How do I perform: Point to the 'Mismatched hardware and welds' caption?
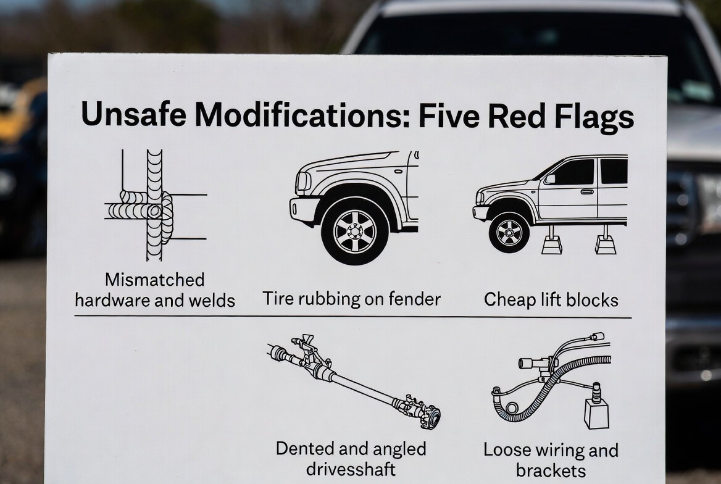coord(154,290)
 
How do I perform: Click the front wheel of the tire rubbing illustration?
coord(354,231)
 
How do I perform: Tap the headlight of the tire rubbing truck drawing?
coord(303,181)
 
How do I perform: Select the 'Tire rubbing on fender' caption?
coord(351,299)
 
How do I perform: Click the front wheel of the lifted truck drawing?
coord(509,232)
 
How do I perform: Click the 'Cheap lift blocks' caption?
coord(551,300)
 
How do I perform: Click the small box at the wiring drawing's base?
coord(596,413)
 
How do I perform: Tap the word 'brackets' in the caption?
coord(551,470)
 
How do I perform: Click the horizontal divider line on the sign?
coord(352,317)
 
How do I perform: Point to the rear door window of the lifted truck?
coord(613,172)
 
